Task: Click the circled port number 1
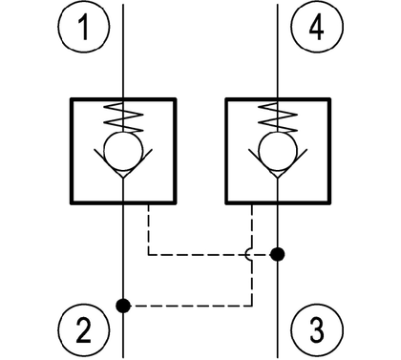click(84, 27)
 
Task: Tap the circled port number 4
click(317, 27)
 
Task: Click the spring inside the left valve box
click(123, 117)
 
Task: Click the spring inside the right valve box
click(278, 117)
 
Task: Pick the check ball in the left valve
click(123, 152)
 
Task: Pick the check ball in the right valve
click(278, 152)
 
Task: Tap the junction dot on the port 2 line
click(123, 306)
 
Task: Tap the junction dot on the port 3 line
click(277, 254)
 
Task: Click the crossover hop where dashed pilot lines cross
click(248, 254)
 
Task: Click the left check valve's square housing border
click(72, 151)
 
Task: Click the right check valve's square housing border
click(226, 151)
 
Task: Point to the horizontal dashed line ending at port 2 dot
click(191, 306)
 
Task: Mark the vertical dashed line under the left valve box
click(149, 229)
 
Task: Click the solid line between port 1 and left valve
click(123, 51)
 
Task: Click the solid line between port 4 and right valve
click(278, 51)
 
